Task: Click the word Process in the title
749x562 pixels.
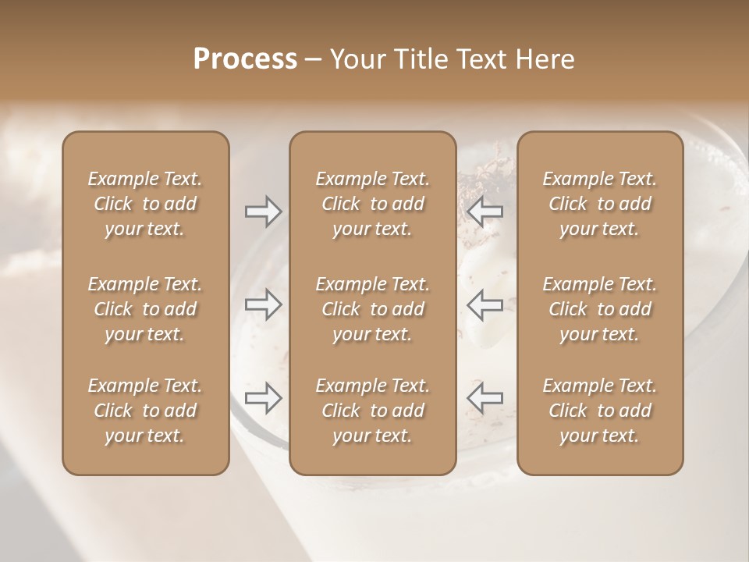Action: (x=245, y=59)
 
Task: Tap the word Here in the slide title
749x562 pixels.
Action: (x=545, y=59)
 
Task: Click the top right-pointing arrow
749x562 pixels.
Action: (x=263, y=212)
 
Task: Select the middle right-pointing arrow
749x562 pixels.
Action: (x=263, y=304)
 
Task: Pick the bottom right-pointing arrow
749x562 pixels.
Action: (x=263, y=398)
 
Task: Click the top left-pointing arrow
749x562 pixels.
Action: (x=485, y=212)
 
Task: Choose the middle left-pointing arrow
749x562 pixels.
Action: (x=485, y=304)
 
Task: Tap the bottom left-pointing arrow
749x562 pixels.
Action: (x=485, y=398)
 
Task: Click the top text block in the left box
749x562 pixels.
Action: (x=145, y=204)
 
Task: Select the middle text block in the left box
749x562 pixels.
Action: (x=145, y=309)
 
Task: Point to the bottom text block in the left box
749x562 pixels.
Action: (x=145, y=411)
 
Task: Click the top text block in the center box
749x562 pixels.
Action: (x=372, y=204)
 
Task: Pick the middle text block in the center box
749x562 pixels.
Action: (x=372, y=309)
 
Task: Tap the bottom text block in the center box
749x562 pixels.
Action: (x=372, y=411)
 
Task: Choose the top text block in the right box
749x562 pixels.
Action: (x=600, y=204)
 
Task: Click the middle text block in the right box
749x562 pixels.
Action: (x=600, y=309)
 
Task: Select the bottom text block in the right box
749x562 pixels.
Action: (x=600, y=411)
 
